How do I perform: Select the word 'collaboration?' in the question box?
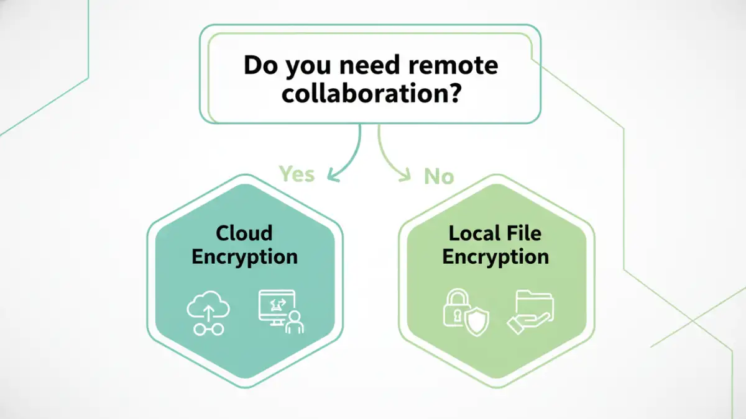tap(371, 94)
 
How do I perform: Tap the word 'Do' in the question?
tap(258, 65)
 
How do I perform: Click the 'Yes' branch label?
tap(297, 174)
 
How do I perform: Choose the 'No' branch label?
tap(439, 177)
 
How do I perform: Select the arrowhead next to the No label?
tap(405, 176)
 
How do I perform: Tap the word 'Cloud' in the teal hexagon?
tap(244, 233)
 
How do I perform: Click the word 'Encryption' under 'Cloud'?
tap(244, 256)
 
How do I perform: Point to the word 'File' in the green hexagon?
tap(525, 233)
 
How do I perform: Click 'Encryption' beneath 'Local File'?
tap(495, 256)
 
